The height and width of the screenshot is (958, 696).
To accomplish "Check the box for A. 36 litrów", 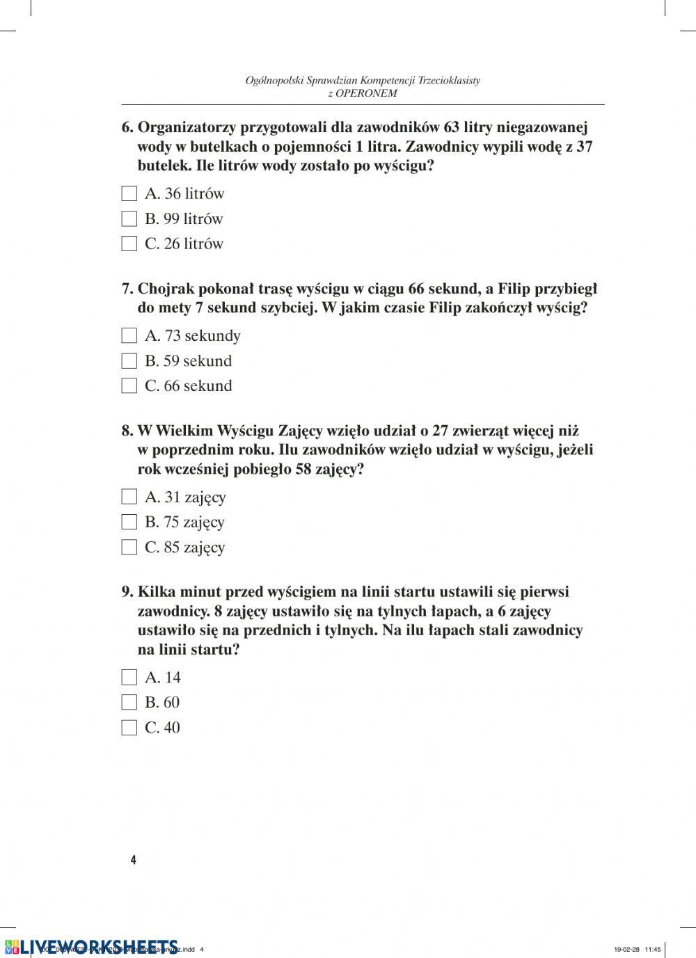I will (129, 193).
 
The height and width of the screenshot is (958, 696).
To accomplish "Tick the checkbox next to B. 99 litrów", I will (129, 218).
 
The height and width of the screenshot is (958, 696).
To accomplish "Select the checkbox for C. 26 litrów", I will (129, 244).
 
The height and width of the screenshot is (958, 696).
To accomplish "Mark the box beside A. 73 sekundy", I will (129, 335).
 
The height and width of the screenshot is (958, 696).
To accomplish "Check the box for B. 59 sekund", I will (129, 360).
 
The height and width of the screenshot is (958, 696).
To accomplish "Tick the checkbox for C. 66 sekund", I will (129, 385).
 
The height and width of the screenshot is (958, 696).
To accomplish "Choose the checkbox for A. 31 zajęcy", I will (129, 497).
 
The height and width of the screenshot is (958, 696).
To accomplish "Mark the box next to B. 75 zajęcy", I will (129, 522).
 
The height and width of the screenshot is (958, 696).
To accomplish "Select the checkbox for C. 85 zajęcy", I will (129, 547).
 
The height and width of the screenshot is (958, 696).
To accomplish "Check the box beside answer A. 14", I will (129, 677).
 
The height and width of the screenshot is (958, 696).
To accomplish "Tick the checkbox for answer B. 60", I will (129, 702).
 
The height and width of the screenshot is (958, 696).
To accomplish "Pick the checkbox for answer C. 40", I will (129, 727).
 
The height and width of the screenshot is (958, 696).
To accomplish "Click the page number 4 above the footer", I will (133, 860).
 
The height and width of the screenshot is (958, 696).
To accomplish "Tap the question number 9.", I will (127, 592).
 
